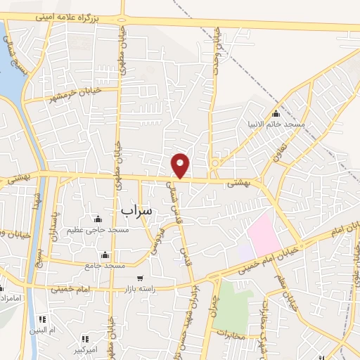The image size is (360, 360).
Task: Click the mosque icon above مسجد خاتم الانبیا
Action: pyautogui.click(x=275, y=114)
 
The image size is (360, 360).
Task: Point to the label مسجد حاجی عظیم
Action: pyautogui.click(x=96, y=230)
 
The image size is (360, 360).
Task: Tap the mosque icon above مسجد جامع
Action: pyautogui.click(x=105, y=255)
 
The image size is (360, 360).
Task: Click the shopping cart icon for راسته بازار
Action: pyautogui.click(x=141, y=278)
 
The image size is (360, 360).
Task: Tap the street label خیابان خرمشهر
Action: pyautogui.click(x=72, y=94)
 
